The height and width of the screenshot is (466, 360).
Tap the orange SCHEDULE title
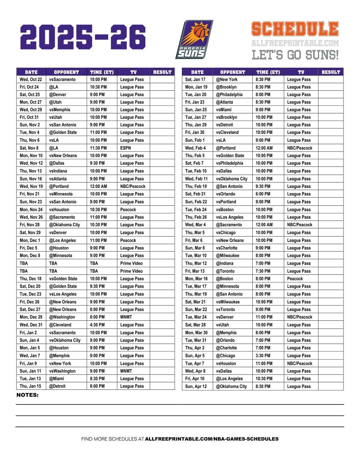[x=295, y=29]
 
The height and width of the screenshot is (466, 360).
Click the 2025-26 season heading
[x=83, y=37]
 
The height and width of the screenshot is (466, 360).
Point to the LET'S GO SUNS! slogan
[x=295, y=55]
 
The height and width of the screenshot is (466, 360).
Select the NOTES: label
[x=27, y=395]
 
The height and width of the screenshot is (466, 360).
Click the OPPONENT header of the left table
[x=66, y=72]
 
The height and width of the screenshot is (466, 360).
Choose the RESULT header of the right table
[x=331, y=72]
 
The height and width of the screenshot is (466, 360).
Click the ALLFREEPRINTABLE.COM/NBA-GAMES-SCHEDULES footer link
[x=212, y=439]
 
